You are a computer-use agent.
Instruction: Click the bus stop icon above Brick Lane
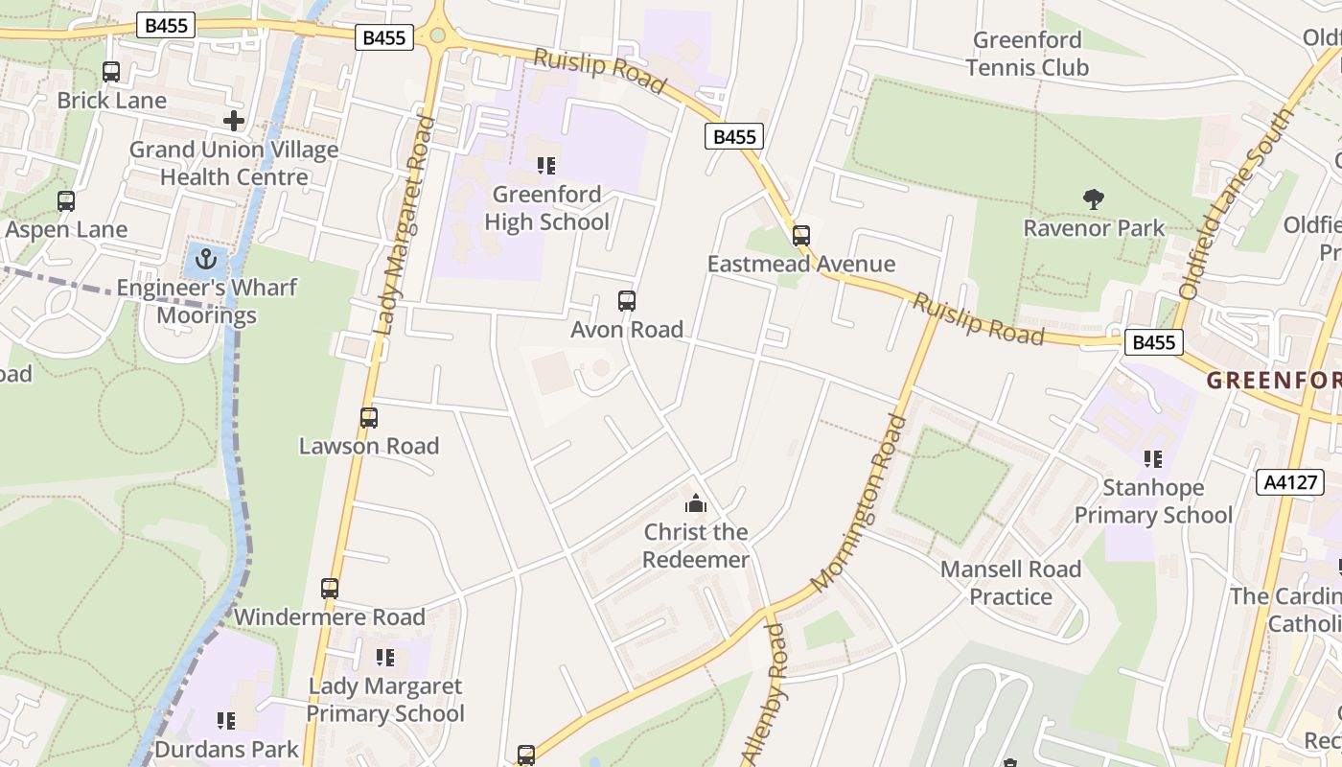[x=111, y=72]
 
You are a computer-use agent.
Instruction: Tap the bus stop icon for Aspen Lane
[x=66, y=201]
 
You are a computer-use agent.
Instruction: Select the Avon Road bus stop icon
[x=627, y=301]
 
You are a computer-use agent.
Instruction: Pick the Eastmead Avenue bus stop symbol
[x=801, y=236]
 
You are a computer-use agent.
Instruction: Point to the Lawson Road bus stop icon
[x=369, y=418]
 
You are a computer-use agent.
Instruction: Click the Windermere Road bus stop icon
[x=330, y=589]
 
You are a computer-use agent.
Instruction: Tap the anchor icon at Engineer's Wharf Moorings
[x=205, y=259]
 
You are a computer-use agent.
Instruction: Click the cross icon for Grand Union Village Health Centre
[x=233, y=121]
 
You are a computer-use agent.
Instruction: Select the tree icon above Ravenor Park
[x=1093, y=199]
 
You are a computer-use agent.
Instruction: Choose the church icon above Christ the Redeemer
[x=695, y=503]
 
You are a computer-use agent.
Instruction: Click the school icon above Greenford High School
[x=546, y=166]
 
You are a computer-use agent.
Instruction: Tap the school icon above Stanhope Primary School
[x=1152, y=459]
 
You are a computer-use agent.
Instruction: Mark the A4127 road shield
[x=1289, y=482]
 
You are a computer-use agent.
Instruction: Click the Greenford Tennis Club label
[x=1028, y=54]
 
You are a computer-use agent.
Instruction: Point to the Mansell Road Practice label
[x=1010, y=583]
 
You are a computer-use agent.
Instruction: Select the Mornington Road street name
[x=858, y=503]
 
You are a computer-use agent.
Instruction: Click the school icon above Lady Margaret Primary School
[x=385, y=658]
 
